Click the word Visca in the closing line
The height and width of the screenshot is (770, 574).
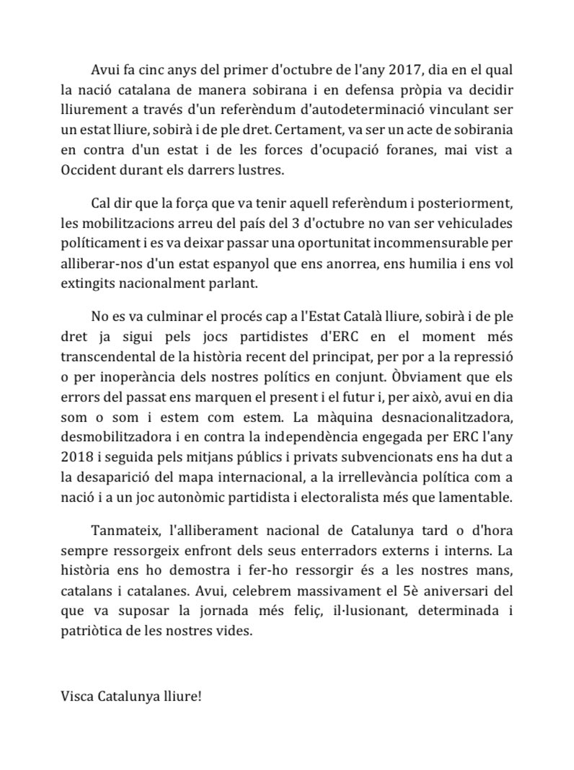[x=77, y=698]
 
